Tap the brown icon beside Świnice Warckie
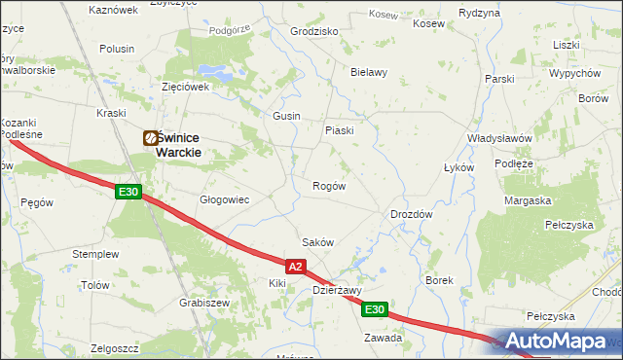click(x=151, y=139)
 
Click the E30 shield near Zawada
click(x=376, y=309)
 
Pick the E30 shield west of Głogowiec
click(x=128, y=193)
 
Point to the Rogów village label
click(x=328, y=186)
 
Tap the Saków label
click(x=318, y=242)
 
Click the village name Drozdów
click(x=411, y=213)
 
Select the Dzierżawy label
click(x=337, y=290)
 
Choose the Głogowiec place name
click(x=225, y=199)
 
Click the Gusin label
click(x=285, y=116)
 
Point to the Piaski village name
click(x=339, y=130)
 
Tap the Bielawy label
click(x=369, y=72)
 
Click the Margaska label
click(x=528, y=200)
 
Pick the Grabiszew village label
click(x=204, y=303)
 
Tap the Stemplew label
click(x=95, y=254)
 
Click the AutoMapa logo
click(x=559, y=342)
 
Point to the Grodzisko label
click(x=314, y=31)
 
